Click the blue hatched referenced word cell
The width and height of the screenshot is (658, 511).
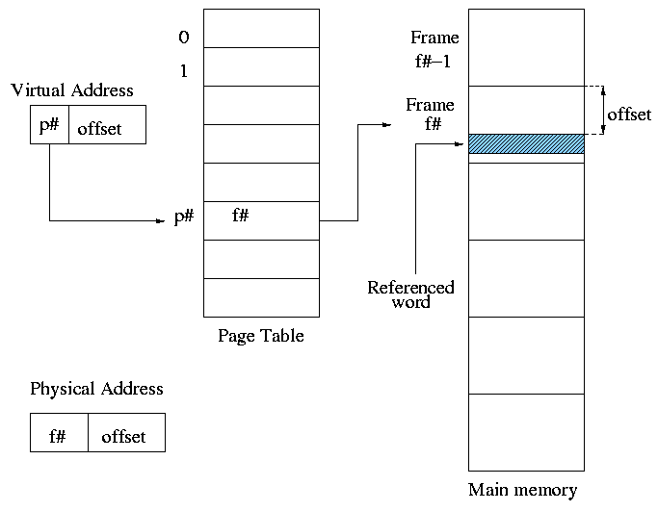click(x=526, y=144)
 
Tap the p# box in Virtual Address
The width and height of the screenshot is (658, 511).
click(x=49, y=125)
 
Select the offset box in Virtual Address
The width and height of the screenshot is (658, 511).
click(x=107, y=126)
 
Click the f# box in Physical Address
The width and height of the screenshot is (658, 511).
click(x=59, y=433)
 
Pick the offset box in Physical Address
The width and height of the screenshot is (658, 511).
click(x=126, y=433)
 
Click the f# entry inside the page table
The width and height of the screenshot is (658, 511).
click(x=241, y=217)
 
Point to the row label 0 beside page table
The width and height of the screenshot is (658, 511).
click(x=184, y=38)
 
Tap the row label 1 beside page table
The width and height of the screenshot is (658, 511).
click(x=184, y=71)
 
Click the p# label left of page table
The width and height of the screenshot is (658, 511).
click(x=184, y=217)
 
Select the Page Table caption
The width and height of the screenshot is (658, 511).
click(x=260, y=336)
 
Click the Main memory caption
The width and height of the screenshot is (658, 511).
click(x=523, y=490)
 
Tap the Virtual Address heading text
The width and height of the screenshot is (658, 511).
click(x=72, y=90)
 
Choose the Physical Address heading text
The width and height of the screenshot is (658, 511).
click(x=96, y=389)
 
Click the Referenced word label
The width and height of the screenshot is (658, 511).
click(x=410, y=294)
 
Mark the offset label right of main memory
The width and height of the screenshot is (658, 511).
click(x=630, y=114)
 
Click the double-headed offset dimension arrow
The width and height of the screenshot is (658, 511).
click(x=603, y=111)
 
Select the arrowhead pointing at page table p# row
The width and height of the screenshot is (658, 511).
click(x=161, y=221)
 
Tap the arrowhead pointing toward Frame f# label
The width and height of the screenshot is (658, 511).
click(x=387, y=124)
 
